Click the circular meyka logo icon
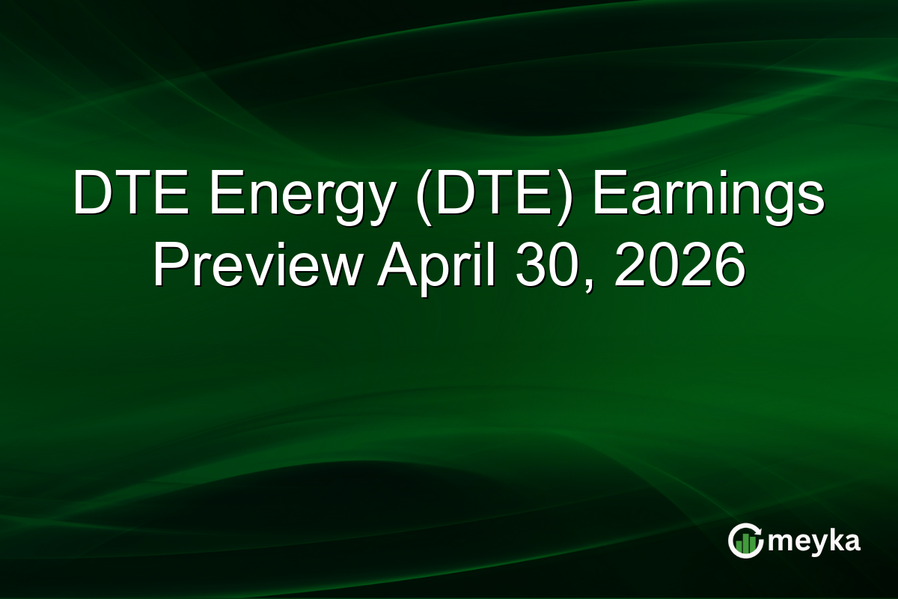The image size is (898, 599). point(745,541)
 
